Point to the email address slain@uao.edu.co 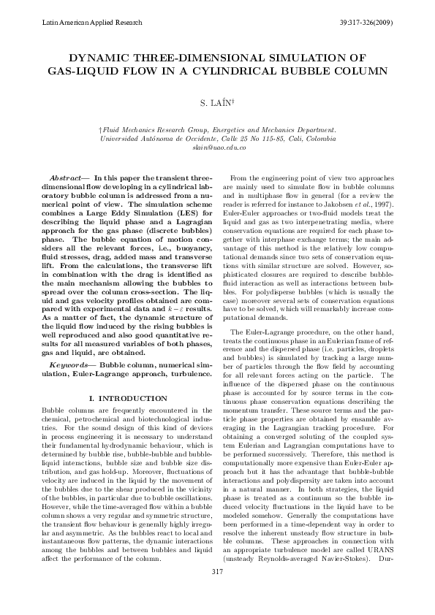[217, 147]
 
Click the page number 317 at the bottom [217, 591]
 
